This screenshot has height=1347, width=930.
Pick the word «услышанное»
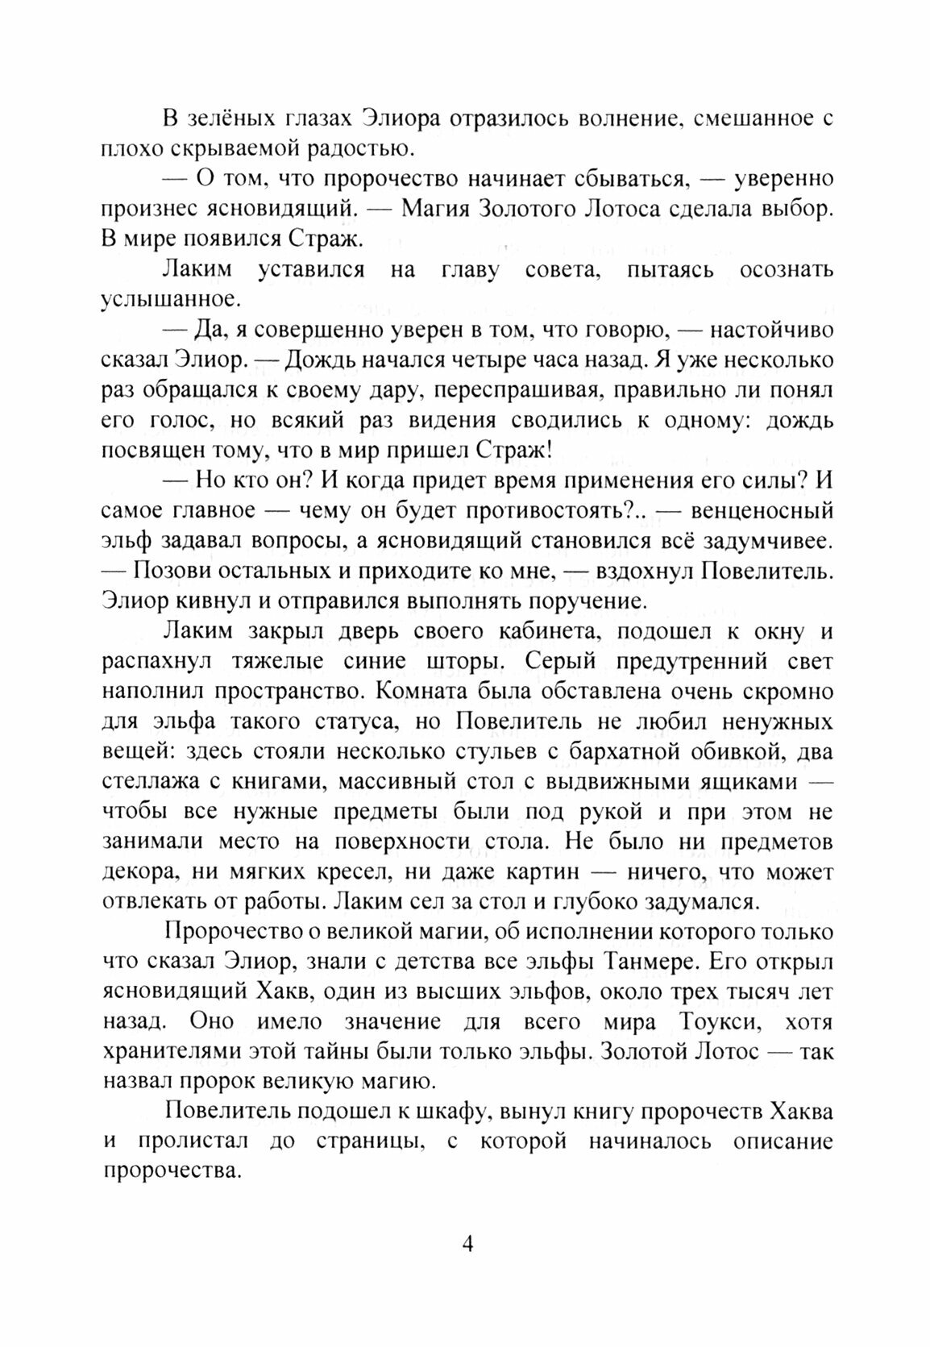click(x=170, y=299)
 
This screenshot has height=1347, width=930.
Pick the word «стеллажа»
click(x=153, y=782)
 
